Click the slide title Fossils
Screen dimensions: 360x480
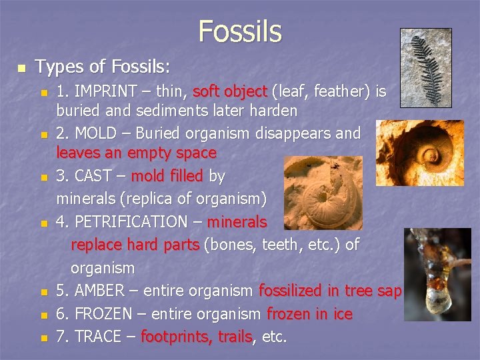[239, 31]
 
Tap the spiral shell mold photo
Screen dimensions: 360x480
[419, 153]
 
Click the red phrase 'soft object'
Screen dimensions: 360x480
[229, 91]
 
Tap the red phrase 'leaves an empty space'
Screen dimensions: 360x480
[136, 153]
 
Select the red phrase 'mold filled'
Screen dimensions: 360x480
[167, 176]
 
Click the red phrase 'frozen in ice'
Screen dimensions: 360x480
[309, 313]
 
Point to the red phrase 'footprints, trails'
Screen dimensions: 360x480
[196, 337]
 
